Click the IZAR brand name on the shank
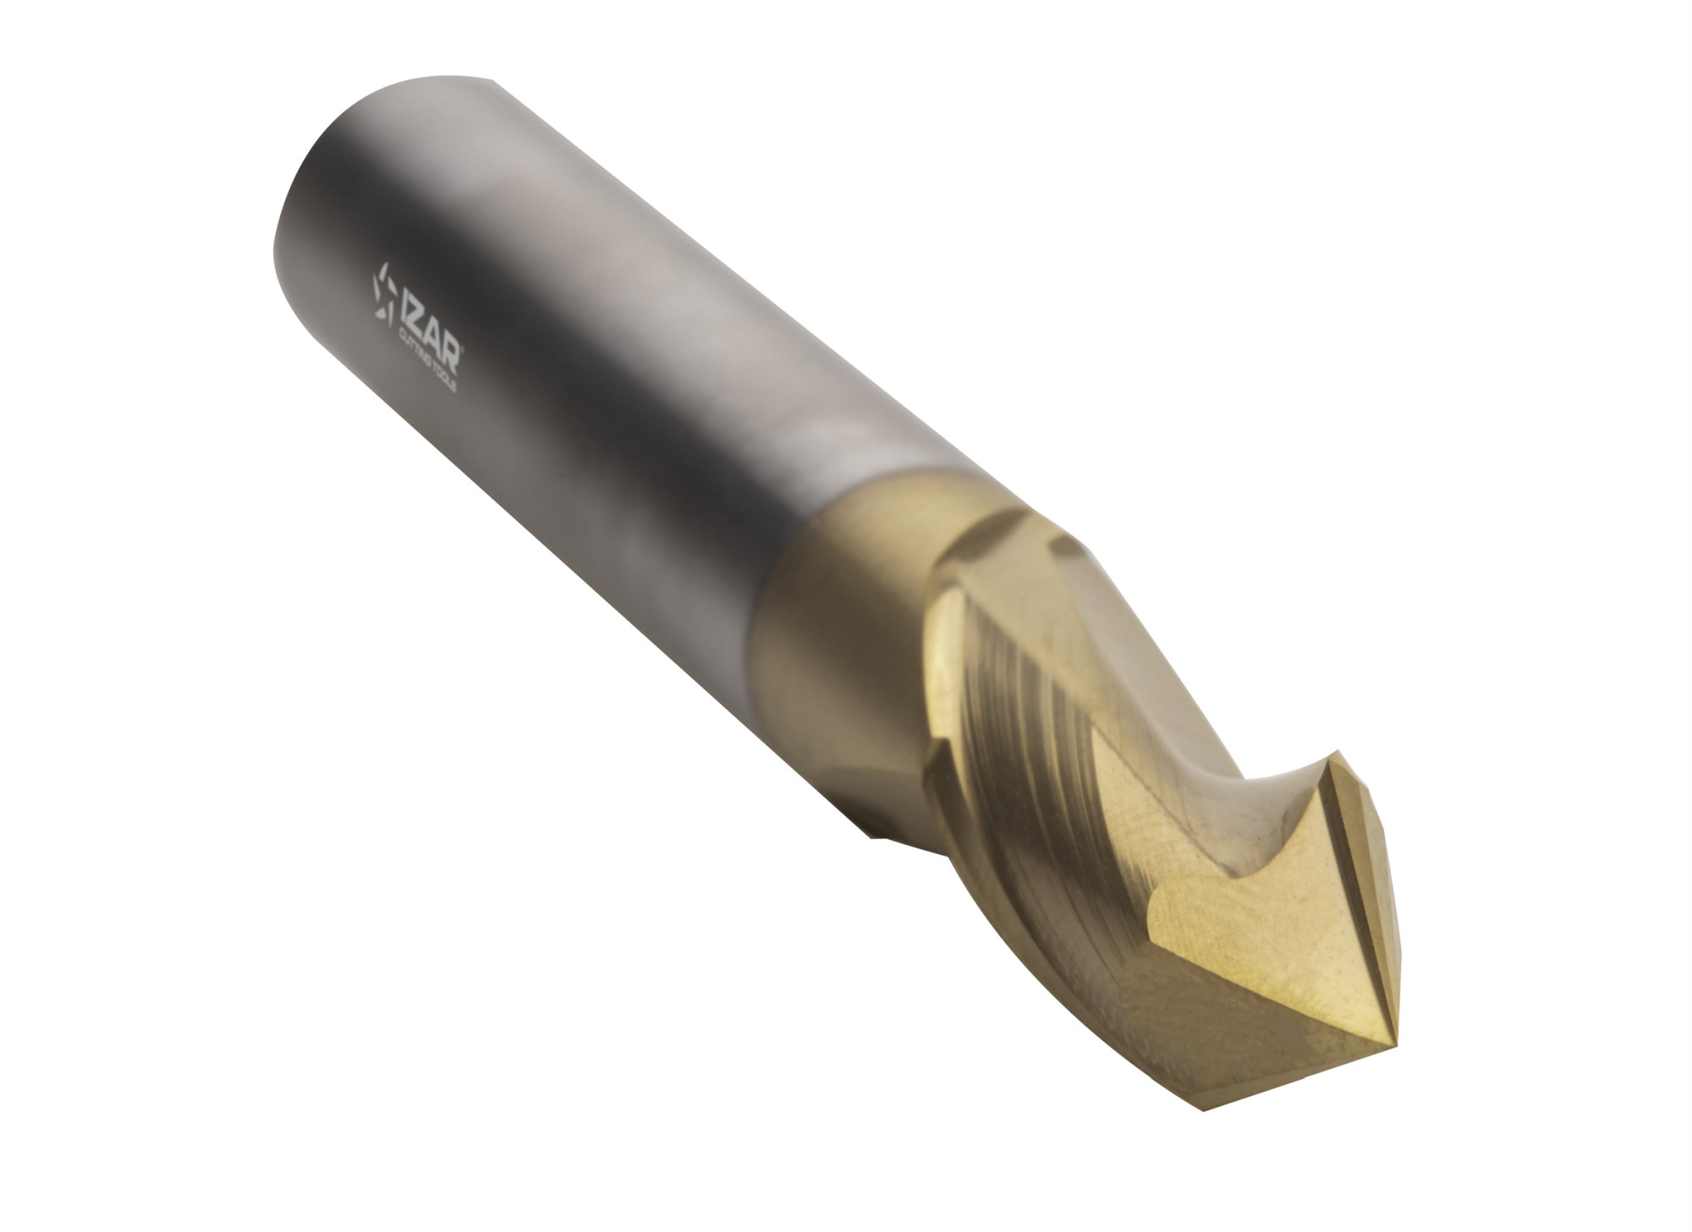(433, 326)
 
